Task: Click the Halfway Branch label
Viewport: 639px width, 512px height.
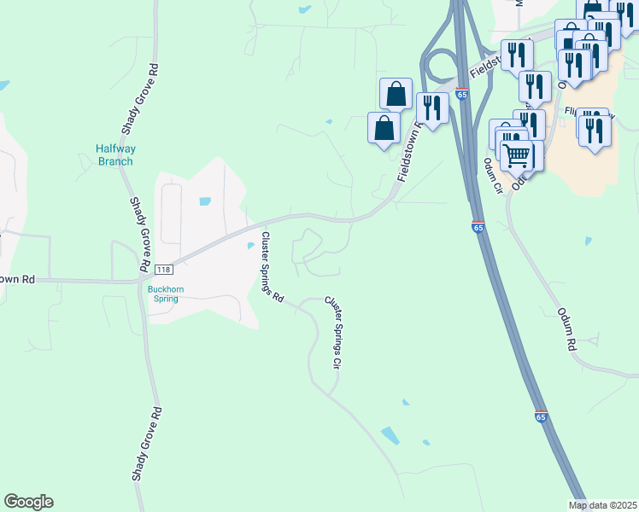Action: tap(115, 154)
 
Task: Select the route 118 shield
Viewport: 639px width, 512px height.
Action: tap(164, 269)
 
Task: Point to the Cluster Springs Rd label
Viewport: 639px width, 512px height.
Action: tap(273, 267)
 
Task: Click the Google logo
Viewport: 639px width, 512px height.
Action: tap(28, 502)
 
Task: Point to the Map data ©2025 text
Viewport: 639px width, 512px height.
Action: tap(602, 505)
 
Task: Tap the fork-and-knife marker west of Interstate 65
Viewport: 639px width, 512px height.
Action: tap(432, 108)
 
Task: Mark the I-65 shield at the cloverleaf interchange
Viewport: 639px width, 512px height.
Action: tap(461, 91)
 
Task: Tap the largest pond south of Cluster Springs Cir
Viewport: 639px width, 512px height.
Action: tap(390, 435)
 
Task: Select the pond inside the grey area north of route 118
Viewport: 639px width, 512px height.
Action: tap(204, 202)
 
